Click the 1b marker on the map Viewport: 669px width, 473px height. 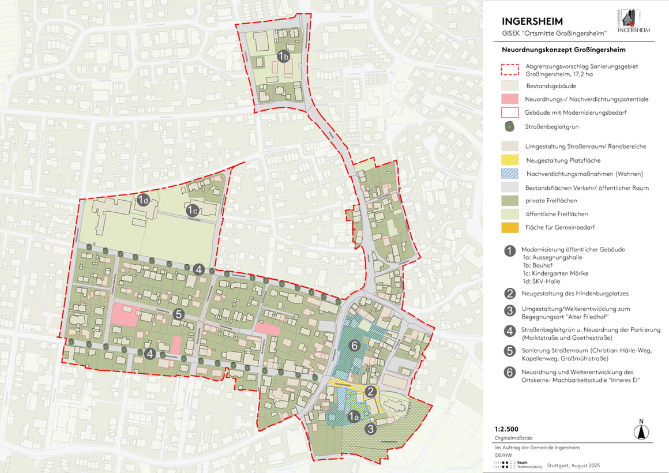[x=283, y=56]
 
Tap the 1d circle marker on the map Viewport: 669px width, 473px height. [x=144, y=200]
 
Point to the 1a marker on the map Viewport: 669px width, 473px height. [x=355, y=414]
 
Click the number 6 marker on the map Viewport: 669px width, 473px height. [x=355, y=345]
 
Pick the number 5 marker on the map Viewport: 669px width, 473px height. [x=178, y=314]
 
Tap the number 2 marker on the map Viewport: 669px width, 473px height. [x=371, y=392]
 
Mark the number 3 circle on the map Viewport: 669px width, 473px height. [x=371, y=428]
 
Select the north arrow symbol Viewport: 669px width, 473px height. [x=639, y=430]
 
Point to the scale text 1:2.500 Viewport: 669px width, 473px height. [x=506, y=429]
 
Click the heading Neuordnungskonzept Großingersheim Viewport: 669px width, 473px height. [x=563, y=50]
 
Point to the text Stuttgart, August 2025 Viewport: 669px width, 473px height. [x=573, y=466]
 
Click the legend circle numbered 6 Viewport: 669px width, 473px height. [x=509, y=373]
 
